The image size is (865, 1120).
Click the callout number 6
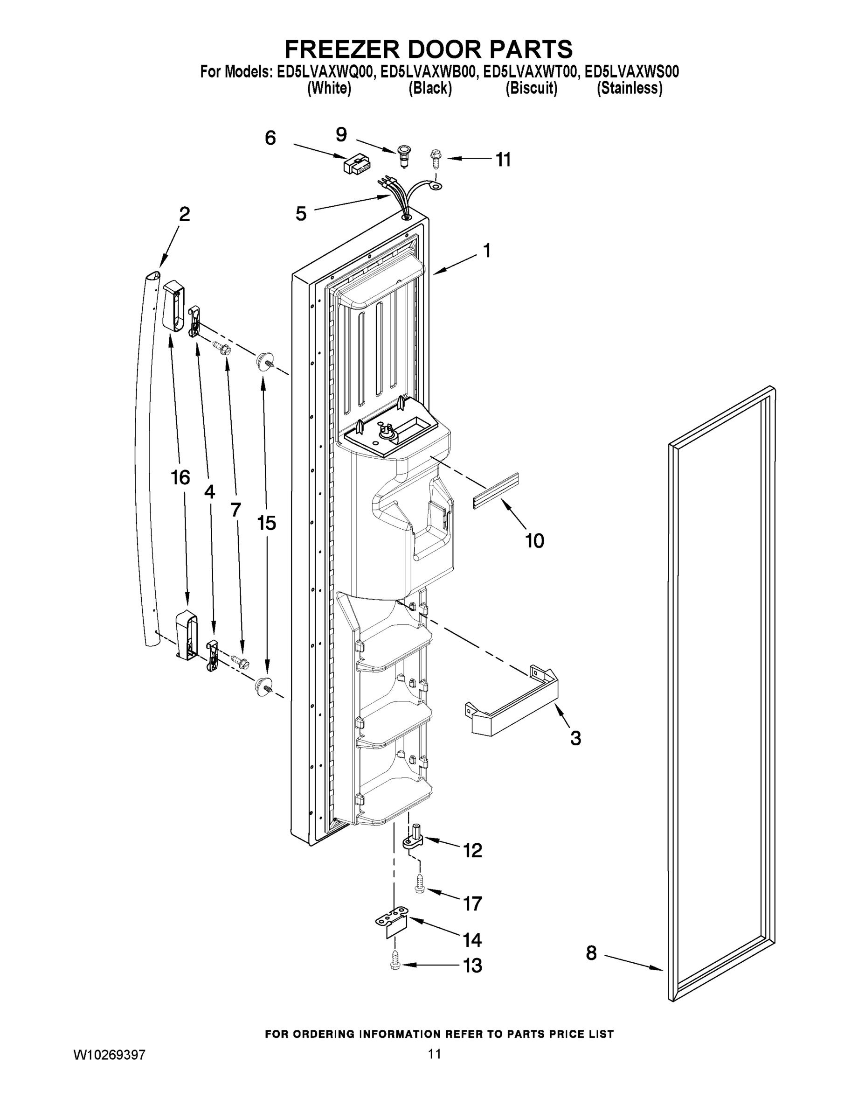pos(270,139)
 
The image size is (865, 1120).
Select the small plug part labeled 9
pos(404,154)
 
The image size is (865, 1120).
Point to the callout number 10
pos(534,540)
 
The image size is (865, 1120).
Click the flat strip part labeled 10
pos(496,491)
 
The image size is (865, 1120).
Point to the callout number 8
pos(591,953)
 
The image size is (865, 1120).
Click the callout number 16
pos(180,477)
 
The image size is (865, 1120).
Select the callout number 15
pos(266,523)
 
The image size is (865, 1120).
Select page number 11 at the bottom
pos(434,1054)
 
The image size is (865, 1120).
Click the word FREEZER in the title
pos(342,50)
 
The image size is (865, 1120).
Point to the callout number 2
pos(184,214)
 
